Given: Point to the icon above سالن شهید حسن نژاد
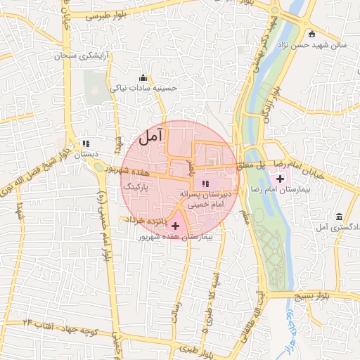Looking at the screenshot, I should tap(311, 33).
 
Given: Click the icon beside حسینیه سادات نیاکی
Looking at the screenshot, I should tap(144, 78).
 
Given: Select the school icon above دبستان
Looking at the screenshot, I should tap(86, 143).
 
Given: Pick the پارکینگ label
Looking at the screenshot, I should tap(136, 188).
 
